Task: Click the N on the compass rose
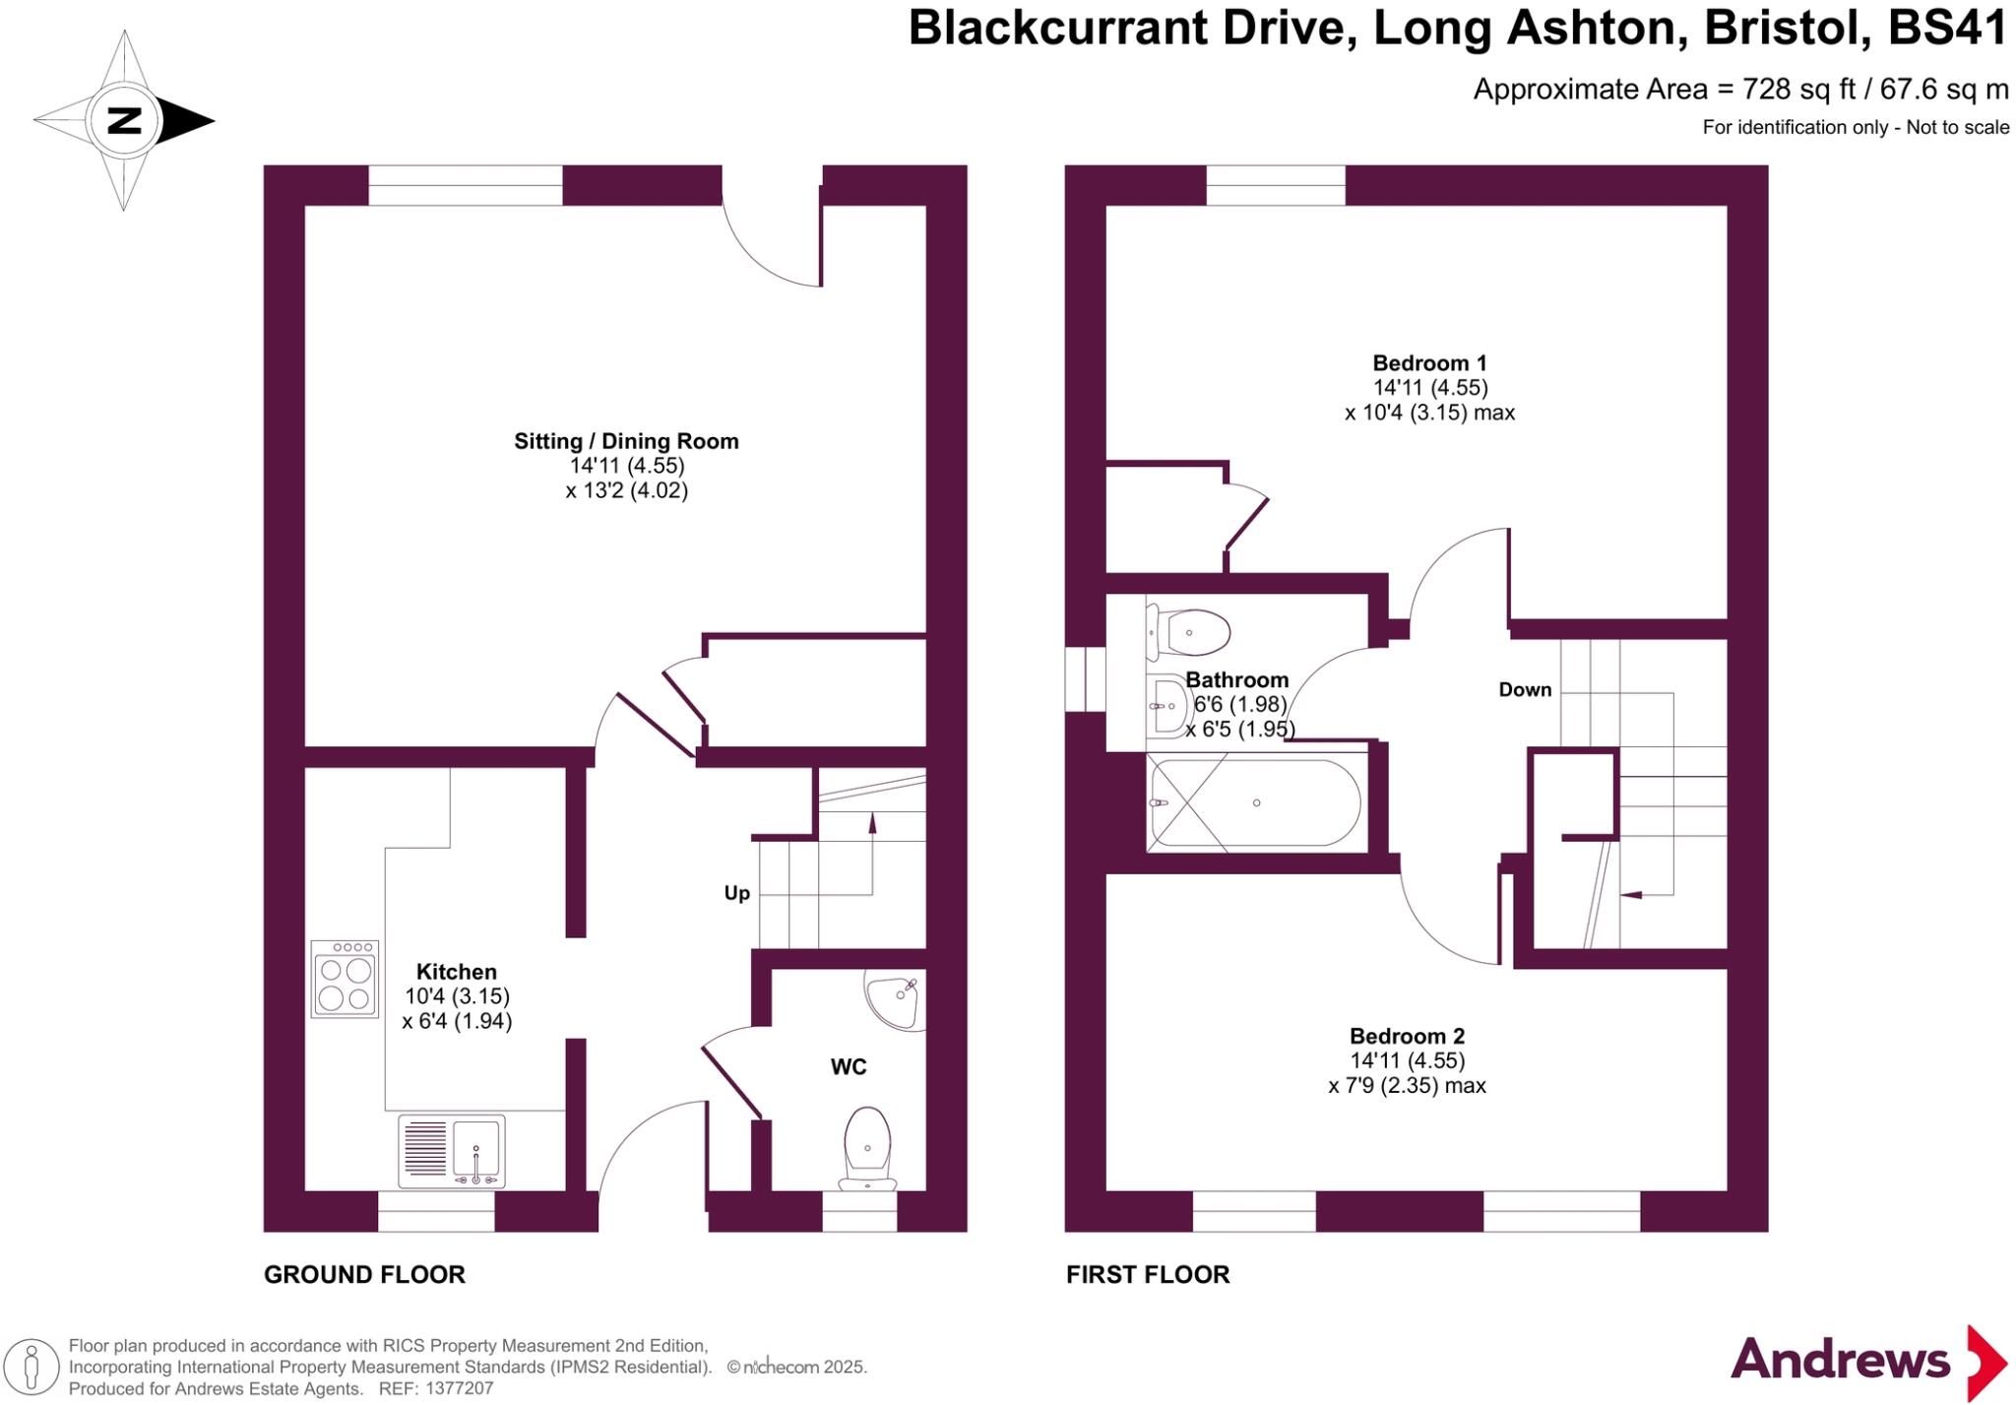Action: tap(124, 120)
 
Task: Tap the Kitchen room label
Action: tap(456, 972)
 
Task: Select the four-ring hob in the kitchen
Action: tap(345, 979)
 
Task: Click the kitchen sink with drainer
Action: tap(452, 1151)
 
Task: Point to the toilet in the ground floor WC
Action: tap(867, 1148)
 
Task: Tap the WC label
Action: tap(849, 1066)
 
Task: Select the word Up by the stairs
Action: tap(737, 893)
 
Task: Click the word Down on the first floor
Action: tap(1525, 689)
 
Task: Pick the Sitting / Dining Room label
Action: tap(626, 441)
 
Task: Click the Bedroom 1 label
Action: tap(1430, 362)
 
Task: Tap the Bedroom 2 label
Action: tap(1407, 1036)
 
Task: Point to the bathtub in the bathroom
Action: tap(1256, 803)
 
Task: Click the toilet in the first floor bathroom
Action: tap(1190, 632)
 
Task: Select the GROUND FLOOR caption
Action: tap(364, 1274)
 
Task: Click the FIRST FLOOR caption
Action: tap(1148, 1274)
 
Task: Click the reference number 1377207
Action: tap(458, 1389)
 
